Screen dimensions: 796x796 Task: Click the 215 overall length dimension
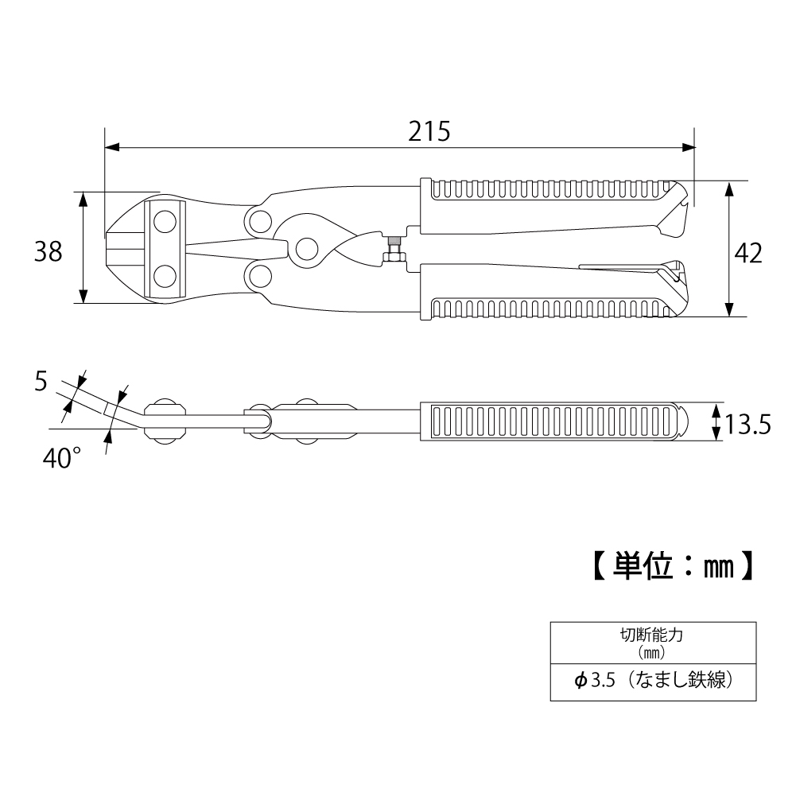pyautogui.click(x=429, y=131)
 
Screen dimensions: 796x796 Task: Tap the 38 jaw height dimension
pyautogui.click(x=49, y=251)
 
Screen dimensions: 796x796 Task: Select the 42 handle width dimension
pyautogui.click(x=748, y=253)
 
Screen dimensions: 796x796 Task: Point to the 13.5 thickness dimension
pyautogui.click(x=747, y=424)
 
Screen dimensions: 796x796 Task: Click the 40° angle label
pyautogui.click(x=61, y=458)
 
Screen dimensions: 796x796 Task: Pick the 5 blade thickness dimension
pyautogui.click(x=41, y=381)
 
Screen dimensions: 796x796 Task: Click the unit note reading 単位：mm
pyautogui.click(x=674, y=566)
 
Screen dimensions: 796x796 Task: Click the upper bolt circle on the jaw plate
pyautogui.click(x=165, y=223)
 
